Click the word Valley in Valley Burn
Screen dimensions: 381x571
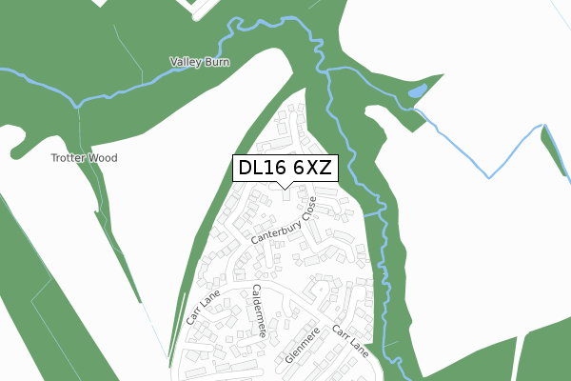tap(185, 63)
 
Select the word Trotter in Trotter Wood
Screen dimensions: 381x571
tap(69, 158)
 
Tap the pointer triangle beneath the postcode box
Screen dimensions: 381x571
tap(285, 185)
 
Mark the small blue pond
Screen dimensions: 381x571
tap(417, 92)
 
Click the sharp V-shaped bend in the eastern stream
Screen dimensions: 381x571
tap(490, 177)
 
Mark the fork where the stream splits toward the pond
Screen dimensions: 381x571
tap(415, 108)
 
